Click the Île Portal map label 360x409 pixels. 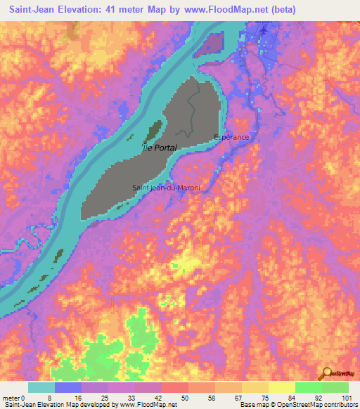[x=160, y=148]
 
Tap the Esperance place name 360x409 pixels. [x=231, y=138]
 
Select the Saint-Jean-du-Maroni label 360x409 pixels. [x=167, y=188]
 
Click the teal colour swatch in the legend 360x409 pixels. [x=41, y=387]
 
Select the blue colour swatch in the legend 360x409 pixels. [x=68, y=387]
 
